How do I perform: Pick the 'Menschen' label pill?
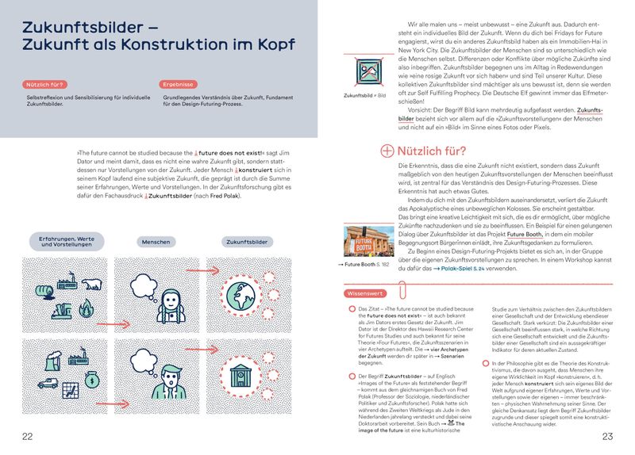click(156, 241)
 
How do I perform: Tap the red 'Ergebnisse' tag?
click(179, 83)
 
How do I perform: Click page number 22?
click(28, 436)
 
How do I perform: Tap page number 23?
click(607, 436)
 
